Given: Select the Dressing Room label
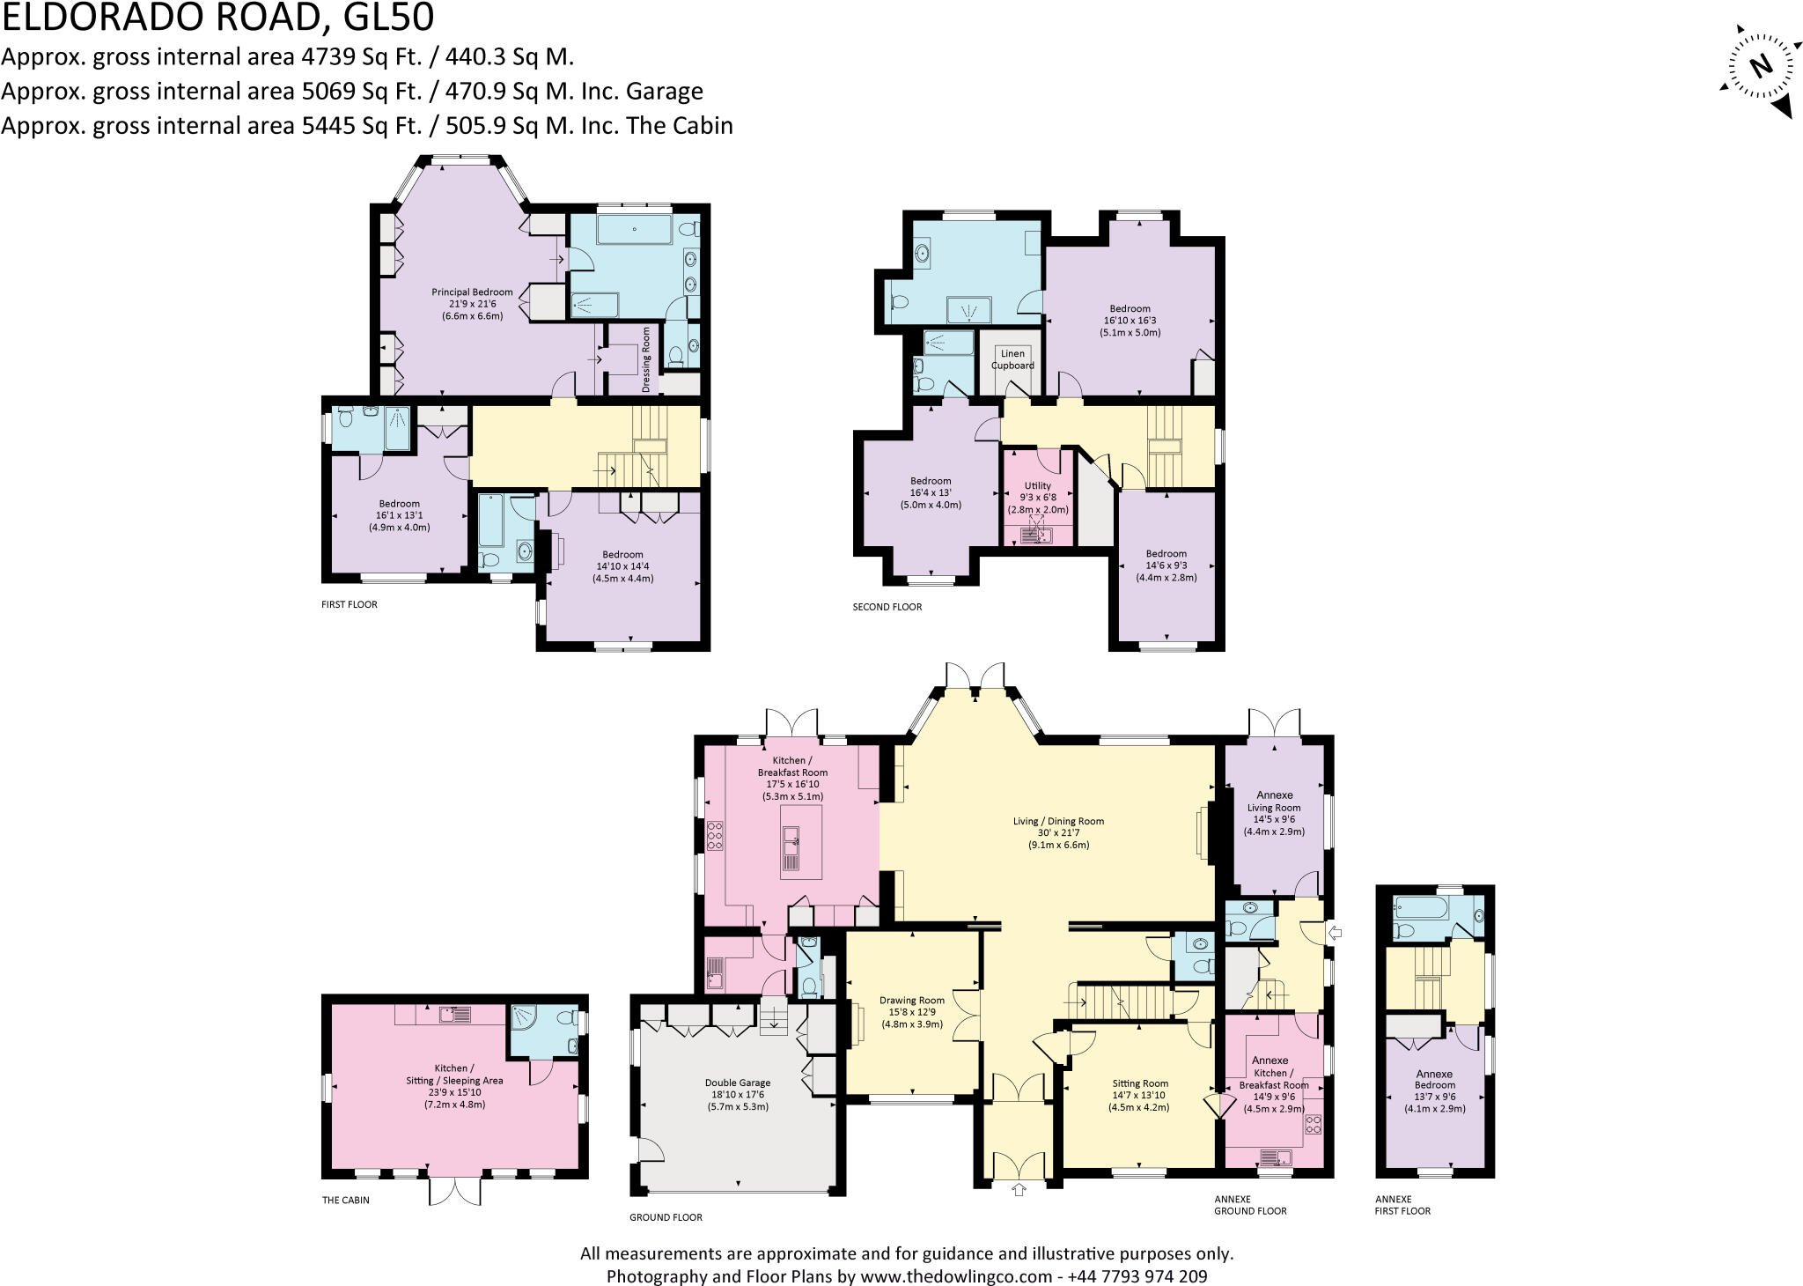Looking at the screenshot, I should pyautogui.click(x=646, y=359).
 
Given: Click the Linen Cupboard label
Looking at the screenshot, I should pyautogui.click(x=1012, y=359).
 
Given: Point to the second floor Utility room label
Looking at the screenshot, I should pyautogui.click(x=1038, y=498).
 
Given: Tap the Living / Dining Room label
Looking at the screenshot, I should pyautogui.click(x=1058, y=832).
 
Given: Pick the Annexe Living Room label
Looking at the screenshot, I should pyautogui.click(x=1274, y=813).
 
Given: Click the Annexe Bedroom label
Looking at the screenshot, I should pyautogui.click(x=1434, y=1090).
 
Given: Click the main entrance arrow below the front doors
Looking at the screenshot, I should pyautogui.click(x=1019, y=1191).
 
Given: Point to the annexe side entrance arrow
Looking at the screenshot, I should pyautogui.click(x=1335, y=932).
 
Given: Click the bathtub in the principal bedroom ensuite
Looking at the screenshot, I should pyautogui.click(x=634, y=231).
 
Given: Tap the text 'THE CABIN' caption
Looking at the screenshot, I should pyautogui.click(x=345, y=1200).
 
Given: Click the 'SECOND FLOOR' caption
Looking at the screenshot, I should pyautogui.click(x=887, y=607).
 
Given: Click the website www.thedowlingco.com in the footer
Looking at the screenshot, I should pyautogui.click(x=956, y=1275).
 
